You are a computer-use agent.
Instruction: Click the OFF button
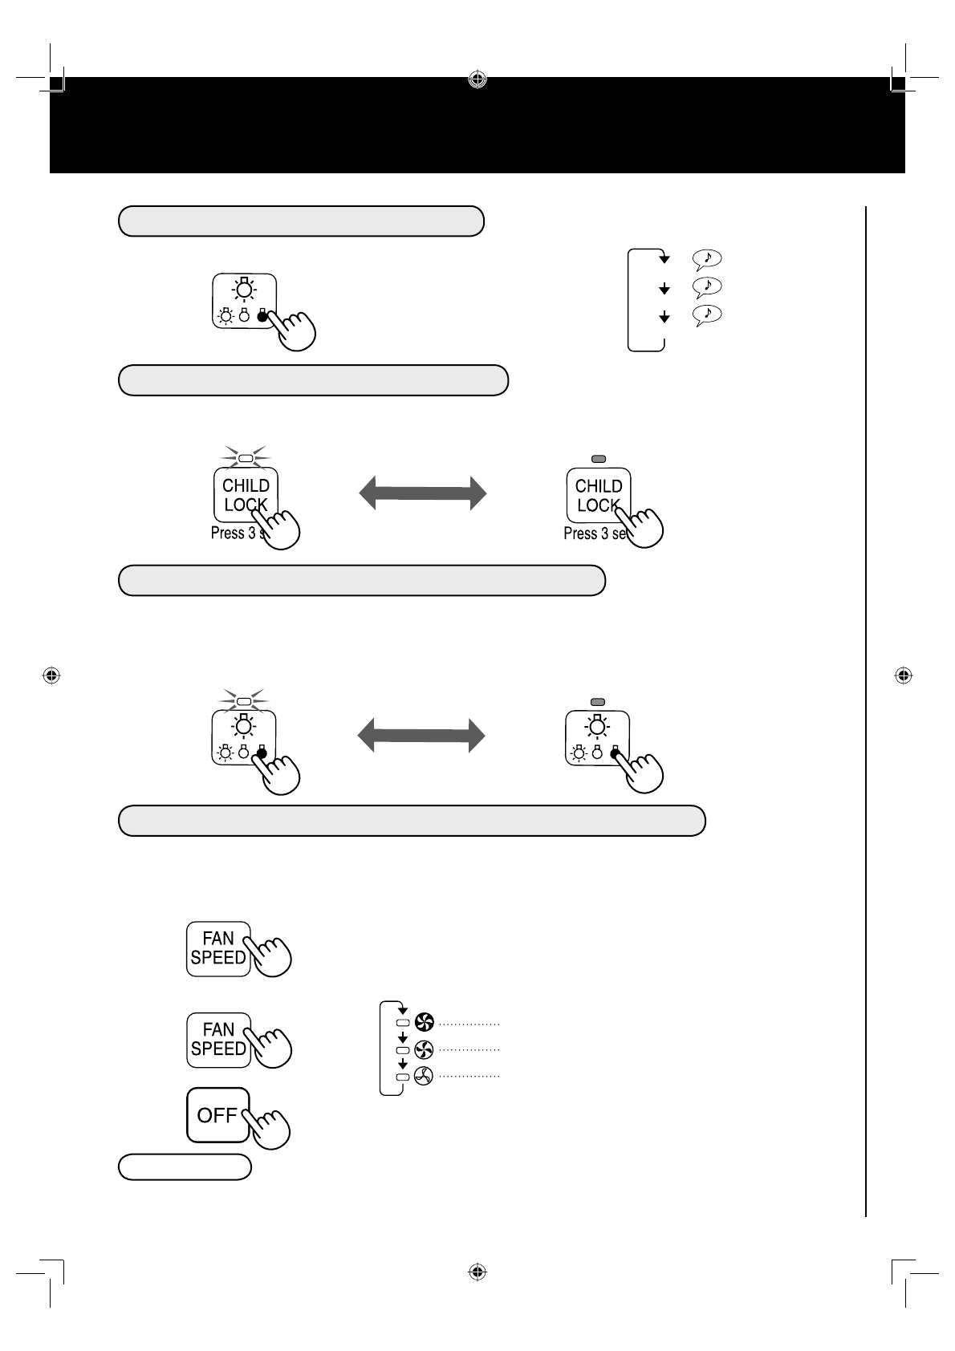217,1114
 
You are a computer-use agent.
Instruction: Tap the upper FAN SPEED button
218,948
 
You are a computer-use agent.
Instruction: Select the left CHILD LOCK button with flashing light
246,495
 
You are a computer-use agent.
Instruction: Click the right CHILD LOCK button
598,495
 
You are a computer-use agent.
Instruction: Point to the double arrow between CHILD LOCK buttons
422,493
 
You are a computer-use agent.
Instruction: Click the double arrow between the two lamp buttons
422,735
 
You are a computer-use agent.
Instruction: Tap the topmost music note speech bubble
706,258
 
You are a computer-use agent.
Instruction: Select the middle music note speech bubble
706,286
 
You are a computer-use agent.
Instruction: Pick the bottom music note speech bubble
706,314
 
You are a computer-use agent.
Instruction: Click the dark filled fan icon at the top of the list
424,1022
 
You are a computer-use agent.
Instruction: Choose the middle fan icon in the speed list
424,1049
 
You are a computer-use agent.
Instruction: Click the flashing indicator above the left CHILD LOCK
246,459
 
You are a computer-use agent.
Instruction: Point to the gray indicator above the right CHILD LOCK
598,459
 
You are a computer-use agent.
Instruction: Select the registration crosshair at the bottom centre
477,1272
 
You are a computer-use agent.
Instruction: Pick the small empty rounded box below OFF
185,1166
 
